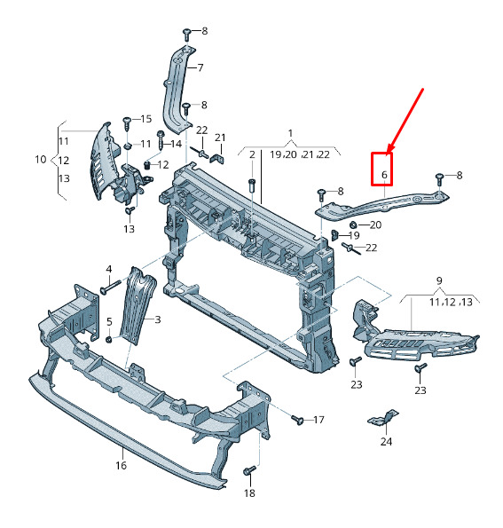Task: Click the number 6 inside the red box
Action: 384,175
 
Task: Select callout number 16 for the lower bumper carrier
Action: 121,466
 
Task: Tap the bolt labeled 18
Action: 249,470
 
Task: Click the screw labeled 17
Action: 297,420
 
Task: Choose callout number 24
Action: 386,441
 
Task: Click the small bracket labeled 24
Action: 383,418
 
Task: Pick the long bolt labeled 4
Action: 110,287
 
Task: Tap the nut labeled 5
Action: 109,339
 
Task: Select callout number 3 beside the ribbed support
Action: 158,319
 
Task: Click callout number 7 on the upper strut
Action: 200,68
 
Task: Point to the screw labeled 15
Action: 127,124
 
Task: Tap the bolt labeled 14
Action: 161,141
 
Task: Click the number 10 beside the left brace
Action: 41,159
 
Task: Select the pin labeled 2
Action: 252,185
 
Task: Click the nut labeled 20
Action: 353,225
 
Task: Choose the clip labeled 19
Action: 334,235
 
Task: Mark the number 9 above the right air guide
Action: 439,280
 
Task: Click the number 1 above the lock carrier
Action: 290,134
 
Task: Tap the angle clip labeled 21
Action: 217,158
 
